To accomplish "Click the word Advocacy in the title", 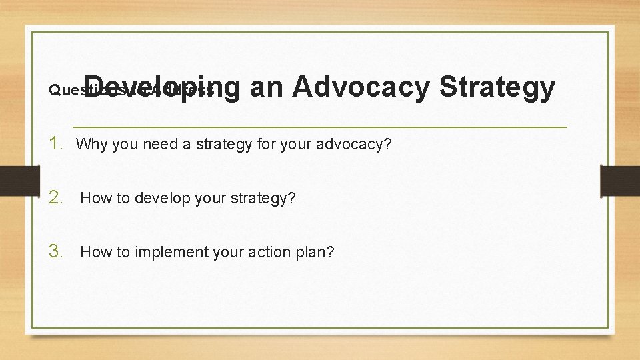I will pos(360,87).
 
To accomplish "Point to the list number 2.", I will pos(58,197).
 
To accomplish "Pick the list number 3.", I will pos(58,251).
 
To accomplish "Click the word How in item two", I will pos(95,198).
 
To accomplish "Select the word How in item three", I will pos(95,252).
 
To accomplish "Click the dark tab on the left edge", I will pos(19,181).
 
